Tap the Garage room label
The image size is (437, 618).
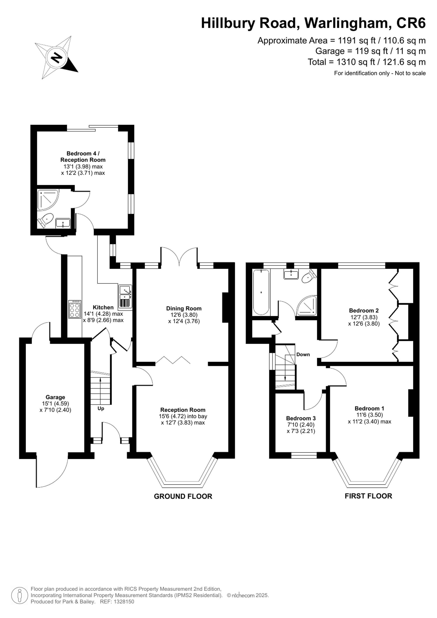55,397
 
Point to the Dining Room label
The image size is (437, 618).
184,309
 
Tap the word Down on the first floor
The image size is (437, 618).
303,354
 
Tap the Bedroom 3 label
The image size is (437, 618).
301,418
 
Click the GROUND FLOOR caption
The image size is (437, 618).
183,496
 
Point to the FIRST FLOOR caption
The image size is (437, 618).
368,496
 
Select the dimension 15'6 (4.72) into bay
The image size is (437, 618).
183,416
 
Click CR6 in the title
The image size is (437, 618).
411,23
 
